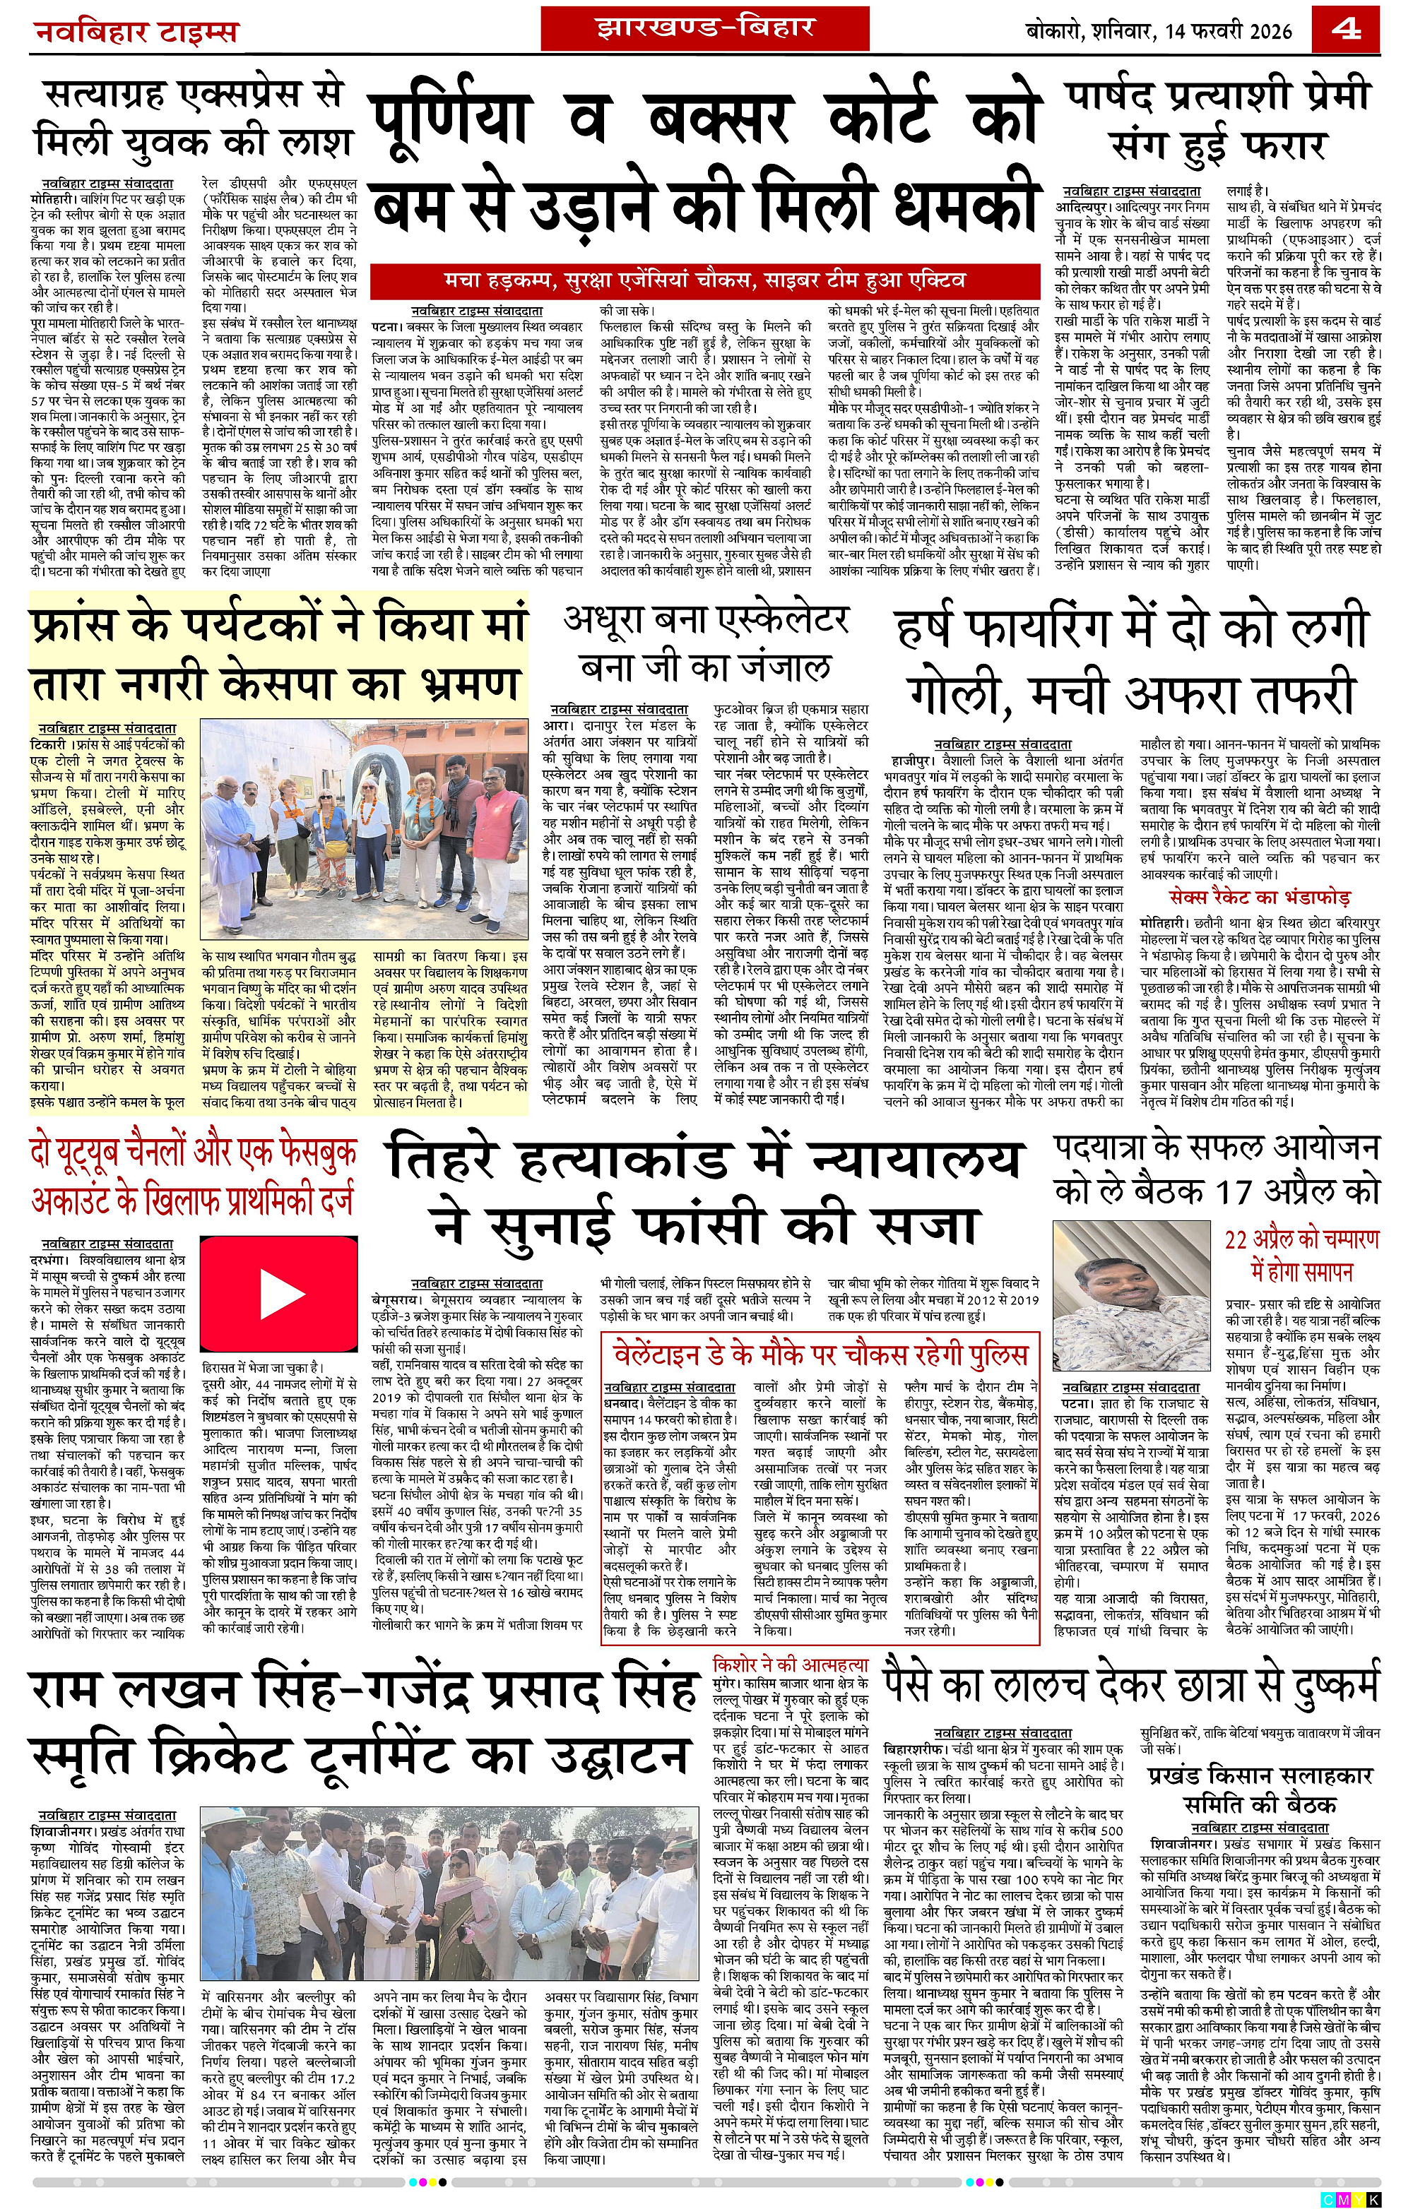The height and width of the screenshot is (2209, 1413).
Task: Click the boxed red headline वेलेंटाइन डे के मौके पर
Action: (820, 1356)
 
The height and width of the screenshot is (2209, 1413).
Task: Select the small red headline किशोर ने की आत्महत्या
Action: (790, 1663)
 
